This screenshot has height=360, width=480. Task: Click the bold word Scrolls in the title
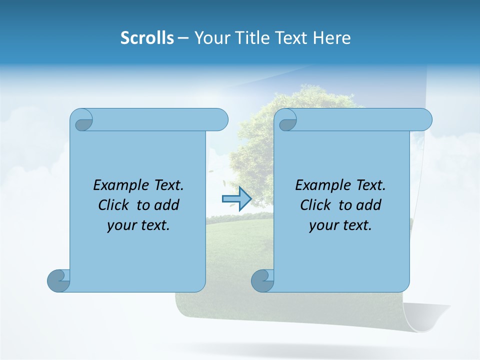pyautogui.click(x=147, y=38)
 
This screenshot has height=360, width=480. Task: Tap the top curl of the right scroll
pyautogui.click(x=286, y=120)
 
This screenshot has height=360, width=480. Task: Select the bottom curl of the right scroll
pyautogui.click(x=262, y=280)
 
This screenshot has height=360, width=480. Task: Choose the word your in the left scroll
pyautogui.click(x=120, y=225)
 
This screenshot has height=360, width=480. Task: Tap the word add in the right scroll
pyautogui.click(x=368, y=205)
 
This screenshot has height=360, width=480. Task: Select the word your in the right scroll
pyautogui.click(x=322, y=225)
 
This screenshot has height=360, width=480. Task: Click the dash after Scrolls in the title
pyautogui.click(x=183, y=38)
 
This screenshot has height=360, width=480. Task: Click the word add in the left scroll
pyautogui.click(x=166, y=205)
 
